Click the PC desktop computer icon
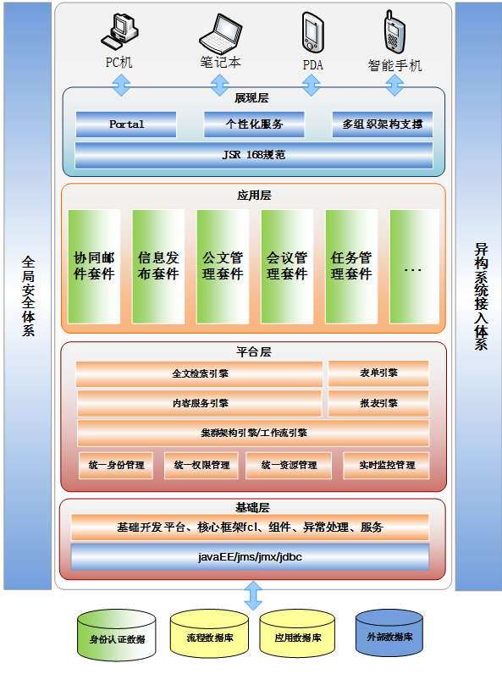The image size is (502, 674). point(119,32)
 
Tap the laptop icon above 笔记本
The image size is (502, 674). point(220,34)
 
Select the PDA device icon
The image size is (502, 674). point(312,33)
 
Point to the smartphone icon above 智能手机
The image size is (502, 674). point(394,32)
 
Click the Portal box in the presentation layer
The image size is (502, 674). point(126,124)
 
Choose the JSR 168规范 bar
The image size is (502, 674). point(254,155)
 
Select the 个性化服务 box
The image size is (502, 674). point(254,124)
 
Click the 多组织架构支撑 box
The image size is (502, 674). point(382,124)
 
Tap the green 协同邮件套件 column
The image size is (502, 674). point(94,267)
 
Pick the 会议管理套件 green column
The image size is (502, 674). point(287,267)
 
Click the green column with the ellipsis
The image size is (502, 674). point(414,267)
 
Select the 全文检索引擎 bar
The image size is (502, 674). point(199,373)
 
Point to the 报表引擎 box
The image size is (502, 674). point(378,403)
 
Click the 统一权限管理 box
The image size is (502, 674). point(201,466)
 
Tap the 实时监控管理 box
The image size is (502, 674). point(386,466)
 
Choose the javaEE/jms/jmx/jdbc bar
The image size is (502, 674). point(250,557)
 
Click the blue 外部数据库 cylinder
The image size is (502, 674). point(389,633)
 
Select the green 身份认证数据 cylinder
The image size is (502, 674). point(117,635)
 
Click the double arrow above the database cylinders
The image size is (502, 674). point(253,596)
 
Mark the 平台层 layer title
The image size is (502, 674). point(254,352)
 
